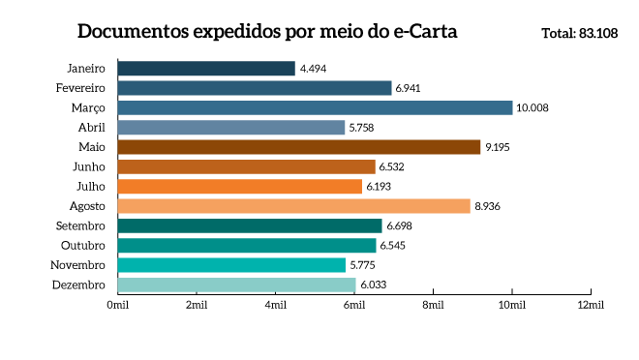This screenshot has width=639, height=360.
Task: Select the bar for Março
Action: point(315,107)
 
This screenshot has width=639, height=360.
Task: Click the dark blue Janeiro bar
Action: point(206,69)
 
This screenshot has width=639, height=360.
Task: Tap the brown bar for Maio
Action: point(299,147)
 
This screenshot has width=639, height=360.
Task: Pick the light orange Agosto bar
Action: point(293,206)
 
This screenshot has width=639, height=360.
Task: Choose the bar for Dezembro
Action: point(236,285)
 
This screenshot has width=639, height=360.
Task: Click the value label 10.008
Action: point(532,107)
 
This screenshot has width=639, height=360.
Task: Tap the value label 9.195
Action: point(498,147)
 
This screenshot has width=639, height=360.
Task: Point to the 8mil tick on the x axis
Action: point(433,305)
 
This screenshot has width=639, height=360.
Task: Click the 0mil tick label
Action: point(117,305)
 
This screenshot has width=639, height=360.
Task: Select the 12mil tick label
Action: point(591,305)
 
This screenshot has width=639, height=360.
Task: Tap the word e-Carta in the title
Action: point(419,32)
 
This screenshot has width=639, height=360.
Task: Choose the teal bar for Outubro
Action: point(246,246)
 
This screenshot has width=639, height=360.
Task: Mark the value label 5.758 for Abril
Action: point(364,128)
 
